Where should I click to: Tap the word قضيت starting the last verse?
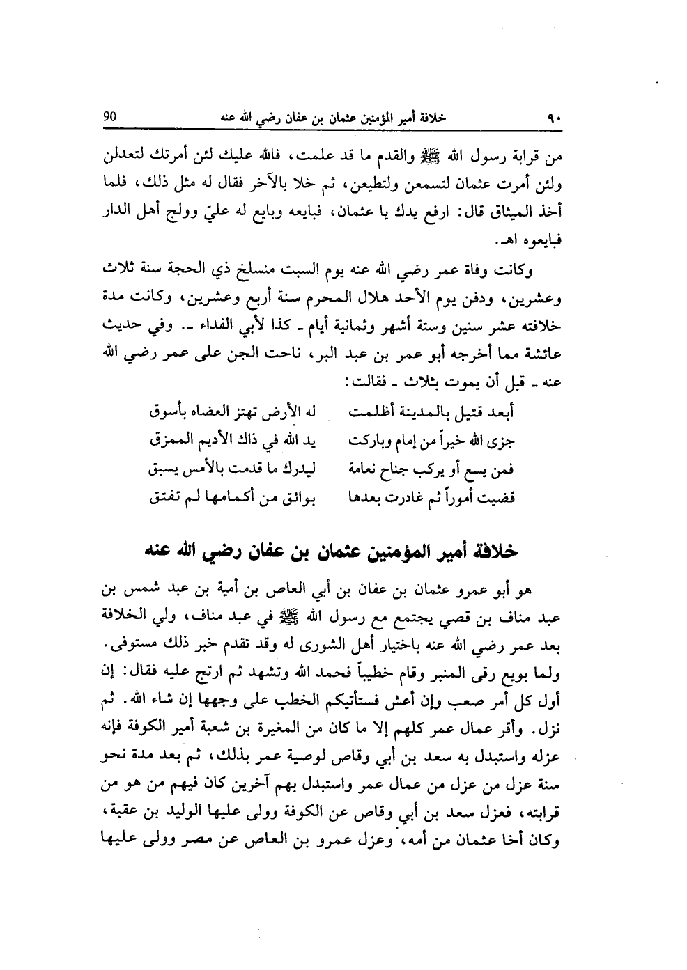pos(496,499)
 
